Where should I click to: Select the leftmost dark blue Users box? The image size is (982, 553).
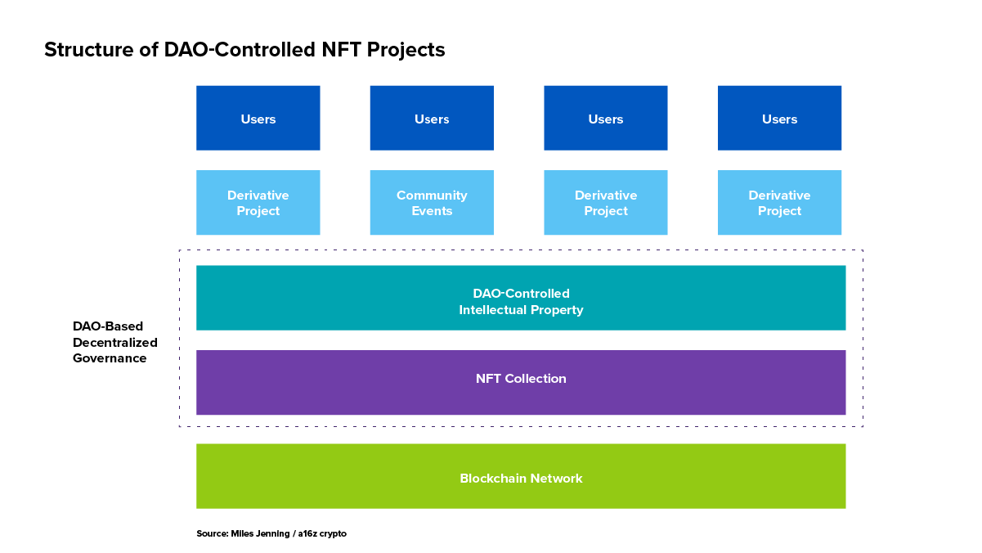pos(258,118)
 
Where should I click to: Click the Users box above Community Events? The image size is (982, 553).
pos(432,118)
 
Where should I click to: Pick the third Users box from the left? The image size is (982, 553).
pos(606,118)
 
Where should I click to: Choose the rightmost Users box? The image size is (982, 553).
pos(780,118)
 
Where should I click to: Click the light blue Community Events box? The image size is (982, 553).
pos(432,203)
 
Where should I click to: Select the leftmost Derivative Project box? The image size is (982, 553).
pos(258,203)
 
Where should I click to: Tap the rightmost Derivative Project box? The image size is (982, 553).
pos(780,203)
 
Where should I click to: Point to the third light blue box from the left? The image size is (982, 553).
pos(606,203)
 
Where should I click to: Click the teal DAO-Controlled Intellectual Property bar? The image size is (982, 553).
pos(521,298)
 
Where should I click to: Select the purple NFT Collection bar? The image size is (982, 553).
pos(521,383)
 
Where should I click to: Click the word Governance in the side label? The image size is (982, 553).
pos(110,358)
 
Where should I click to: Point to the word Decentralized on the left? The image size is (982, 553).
pos(115,342)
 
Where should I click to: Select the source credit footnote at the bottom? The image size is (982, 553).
pos(271,533)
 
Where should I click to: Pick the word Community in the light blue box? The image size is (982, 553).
pos(432,196)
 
